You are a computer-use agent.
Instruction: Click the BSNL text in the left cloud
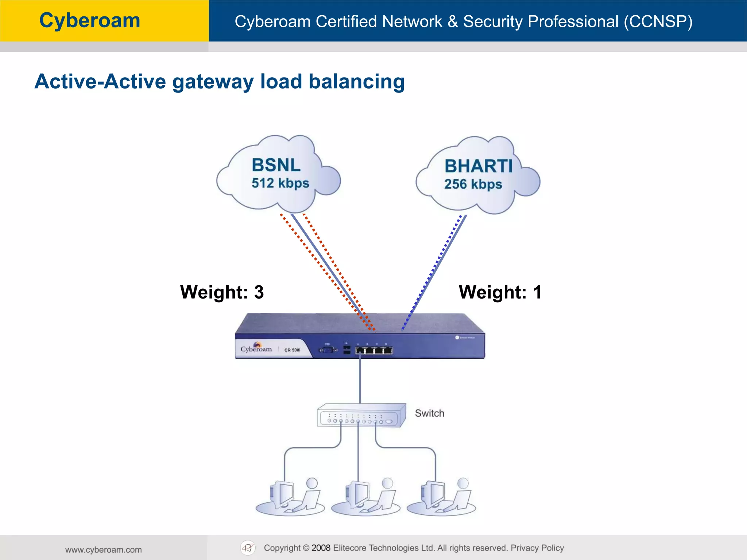pos(276,165)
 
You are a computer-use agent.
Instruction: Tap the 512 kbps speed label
pos(280,183)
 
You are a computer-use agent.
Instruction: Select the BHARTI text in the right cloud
pos(478,166)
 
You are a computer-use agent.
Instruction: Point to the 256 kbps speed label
pos(473,184)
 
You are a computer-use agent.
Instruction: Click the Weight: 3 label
pos(222,292)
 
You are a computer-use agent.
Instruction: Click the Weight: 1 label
pos(500,292)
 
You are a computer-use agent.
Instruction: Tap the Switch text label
pos(429,413)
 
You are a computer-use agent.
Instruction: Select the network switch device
pos(361,416)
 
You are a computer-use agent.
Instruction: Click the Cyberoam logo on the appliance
pos(256,348)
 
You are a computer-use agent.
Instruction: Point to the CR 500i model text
pos(292,350)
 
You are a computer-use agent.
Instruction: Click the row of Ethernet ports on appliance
pos(374,350)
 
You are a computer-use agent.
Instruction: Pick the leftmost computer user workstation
pos(290,498)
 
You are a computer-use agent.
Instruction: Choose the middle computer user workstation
pos(366,498)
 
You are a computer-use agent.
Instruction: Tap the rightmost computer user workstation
pos(441,498)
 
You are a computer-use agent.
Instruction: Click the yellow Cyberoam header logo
pos(90,20)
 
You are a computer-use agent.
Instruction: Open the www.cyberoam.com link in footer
pos(103,549)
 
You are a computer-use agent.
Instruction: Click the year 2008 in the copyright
pos(321,548)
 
